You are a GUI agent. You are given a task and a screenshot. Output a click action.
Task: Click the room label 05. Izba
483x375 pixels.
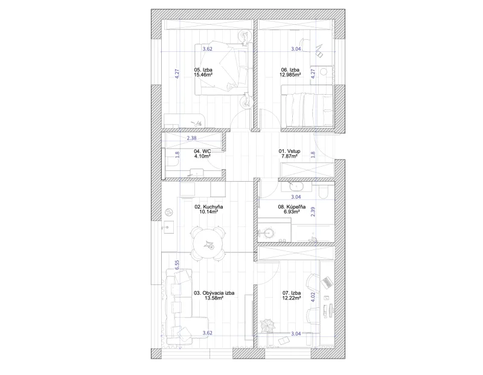[x=203, y=70]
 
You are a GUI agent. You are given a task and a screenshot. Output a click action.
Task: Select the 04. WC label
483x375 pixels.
[x=202, y=152]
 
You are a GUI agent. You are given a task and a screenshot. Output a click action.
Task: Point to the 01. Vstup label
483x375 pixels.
[x=289, y=152]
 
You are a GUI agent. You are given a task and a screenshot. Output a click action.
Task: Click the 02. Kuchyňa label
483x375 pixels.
[x=208, y=207]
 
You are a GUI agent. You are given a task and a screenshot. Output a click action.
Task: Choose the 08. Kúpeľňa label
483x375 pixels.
[x=292, y=207]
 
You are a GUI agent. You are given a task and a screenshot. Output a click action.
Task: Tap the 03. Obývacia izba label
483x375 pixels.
[x=214, y=293]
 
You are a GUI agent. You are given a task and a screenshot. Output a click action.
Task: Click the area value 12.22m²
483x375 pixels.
[x=292, y=298]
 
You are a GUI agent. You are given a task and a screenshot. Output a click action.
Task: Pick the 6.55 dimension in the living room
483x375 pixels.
[x=177, y=265]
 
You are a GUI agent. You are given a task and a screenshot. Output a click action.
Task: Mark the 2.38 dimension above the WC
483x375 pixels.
[x=191, y=138]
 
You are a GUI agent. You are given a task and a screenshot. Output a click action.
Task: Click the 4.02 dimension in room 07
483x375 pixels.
[x=313, y=297]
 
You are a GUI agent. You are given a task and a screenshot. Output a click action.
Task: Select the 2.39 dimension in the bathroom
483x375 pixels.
[x=313, y=212]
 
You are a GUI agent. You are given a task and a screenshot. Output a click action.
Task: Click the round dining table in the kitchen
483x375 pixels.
[x=208, y=243]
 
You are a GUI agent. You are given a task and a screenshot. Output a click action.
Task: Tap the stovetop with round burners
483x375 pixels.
[x=169, y=212]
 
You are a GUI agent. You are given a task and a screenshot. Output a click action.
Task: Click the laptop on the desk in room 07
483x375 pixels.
[x=327, y=282]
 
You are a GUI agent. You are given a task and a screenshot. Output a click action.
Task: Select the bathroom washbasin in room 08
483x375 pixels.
[x=296, y=187]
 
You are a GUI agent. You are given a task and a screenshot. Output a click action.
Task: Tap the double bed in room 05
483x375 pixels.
[x=223, y=69]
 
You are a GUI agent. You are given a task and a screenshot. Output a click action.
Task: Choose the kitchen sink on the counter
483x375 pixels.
[x=168, y=228]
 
